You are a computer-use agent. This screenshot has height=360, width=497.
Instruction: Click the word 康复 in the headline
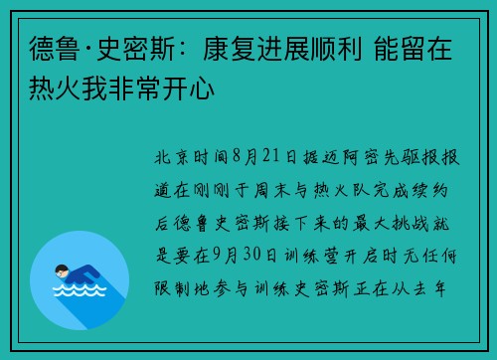(x=230, y=49)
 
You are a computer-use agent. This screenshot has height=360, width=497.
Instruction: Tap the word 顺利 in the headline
(x=336, y=49)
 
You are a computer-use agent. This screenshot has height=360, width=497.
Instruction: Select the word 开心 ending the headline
(x=188, y=89)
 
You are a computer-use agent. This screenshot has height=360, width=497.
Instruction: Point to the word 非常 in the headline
(x=135, y=89)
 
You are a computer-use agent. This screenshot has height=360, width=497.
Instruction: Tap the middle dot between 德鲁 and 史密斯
(x=88, y=50)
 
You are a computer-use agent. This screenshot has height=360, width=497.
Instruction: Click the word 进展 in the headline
(x=282, y=49)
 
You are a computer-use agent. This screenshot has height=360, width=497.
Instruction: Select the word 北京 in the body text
(x=171, y=157)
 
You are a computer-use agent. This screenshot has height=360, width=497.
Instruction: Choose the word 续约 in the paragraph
(x=430, y=190)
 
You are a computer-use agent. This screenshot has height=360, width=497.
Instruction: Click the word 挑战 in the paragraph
(x=411, y=223)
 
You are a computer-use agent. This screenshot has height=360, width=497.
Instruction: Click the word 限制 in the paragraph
(x=172, y=288)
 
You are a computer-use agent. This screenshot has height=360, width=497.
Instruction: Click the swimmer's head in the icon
(x=62, y=271)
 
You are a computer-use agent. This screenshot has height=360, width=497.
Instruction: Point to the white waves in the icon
(x=80, y=290)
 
